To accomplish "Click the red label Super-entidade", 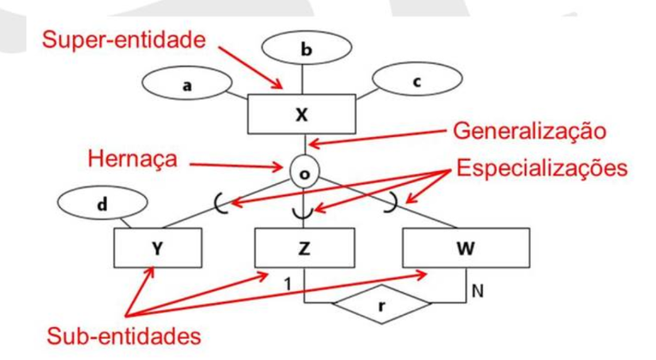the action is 124,40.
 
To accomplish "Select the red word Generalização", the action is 530,131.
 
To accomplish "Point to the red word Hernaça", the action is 132,159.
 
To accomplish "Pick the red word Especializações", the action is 542,168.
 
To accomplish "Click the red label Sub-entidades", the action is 124,335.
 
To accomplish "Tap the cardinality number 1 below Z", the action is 288,285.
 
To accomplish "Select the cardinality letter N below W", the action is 478,291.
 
